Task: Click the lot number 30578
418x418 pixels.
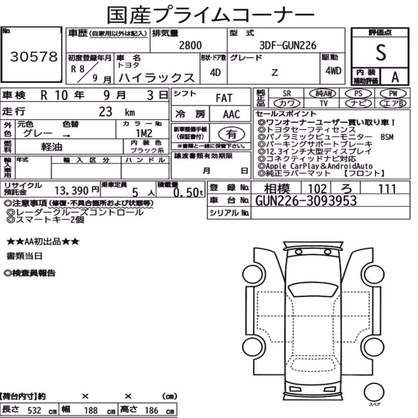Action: tap(34, 57)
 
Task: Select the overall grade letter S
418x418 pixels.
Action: tap(381, 53)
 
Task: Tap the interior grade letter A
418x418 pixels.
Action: tap(395, 77)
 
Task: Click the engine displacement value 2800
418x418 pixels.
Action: tap(190, 45)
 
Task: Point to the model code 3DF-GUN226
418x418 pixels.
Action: tap(288, 45)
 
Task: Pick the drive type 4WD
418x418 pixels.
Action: tap(333, 71)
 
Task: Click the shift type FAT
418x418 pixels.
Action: tap(224, 98)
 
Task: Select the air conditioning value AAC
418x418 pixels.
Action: tap(232, 115)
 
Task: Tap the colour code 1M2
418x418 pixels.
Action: tap(144, 133)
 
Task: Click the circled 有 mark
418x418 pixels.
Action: tap(232, 134)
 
